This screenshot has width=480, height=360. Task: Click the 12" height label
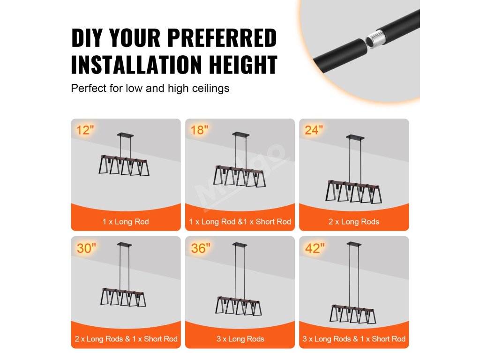(85, 130)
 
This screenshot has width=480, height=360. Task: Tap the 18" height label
(199, 130)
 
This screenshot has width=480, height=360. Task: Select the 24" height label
(314, 130)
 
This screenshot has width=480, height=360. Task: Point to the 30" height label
(86, 248)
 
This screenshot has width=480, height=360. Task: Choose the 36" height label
(201, 248)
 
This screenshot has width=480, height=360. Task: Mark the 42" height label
(315, 248)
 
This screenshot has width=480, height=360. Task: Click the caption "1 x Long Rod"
(126, 222)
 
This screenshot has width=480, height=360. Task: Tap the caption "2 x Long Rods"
(354, 222)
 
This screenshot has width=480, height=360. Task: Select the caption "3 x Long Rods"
(240, 339)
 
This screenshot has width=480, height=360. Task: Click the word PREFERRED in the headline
(222, 38)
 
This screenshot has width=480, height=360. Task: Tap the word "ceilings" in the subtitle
(210, 89)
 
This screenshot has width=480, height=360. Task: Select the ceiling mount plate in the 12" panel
(125, 135)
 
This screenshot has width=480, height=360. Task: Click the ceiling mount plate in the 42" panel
(354, 244)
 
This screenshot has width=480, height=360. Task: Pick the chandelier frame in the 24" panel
(353, 192)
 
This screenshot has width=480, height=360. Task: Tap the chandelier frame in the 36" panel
(239, 306)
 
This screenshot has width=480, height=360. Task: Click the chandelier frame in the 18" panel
(240, 176)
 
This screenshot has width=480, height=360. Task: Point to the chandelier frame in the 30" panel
(123, 297)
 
